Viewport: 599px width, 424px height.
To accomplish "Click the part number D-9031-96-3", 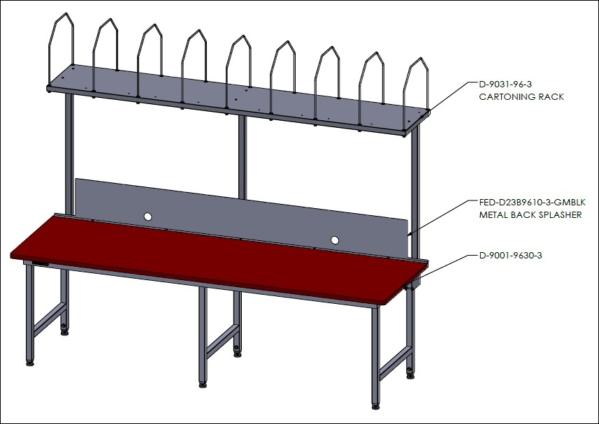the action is (x=505, y=84).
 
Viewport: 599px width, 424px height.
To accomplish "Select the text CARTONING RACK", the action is (x=521, y=97).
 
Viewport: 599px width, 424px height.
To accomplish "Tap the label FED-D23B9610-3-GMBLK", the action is (x=532, y=203).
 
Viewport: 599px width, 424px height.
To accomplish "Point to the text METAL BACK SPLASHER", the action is (x=531, y=215).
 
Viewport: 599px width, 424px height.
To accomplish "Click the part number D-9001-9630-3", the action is (x=510, y=256).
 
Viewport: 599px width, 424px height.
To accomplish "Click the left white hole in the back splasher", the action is (x=148, y=217).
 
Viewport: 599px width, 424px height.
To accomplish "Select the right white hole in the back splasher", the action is (x=335, y=240).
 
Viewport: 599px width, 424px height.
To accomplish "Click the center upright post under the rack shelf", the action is (x=243, y=157).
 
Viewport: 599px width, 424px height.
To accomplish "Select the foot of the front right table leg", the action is (x=376, y=407).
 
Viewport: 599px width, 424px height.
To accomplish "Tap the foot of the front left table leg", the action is (x=30, y=363).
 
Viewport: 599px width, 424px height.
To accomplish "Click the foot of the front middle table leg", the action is (x=203, y=385).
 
